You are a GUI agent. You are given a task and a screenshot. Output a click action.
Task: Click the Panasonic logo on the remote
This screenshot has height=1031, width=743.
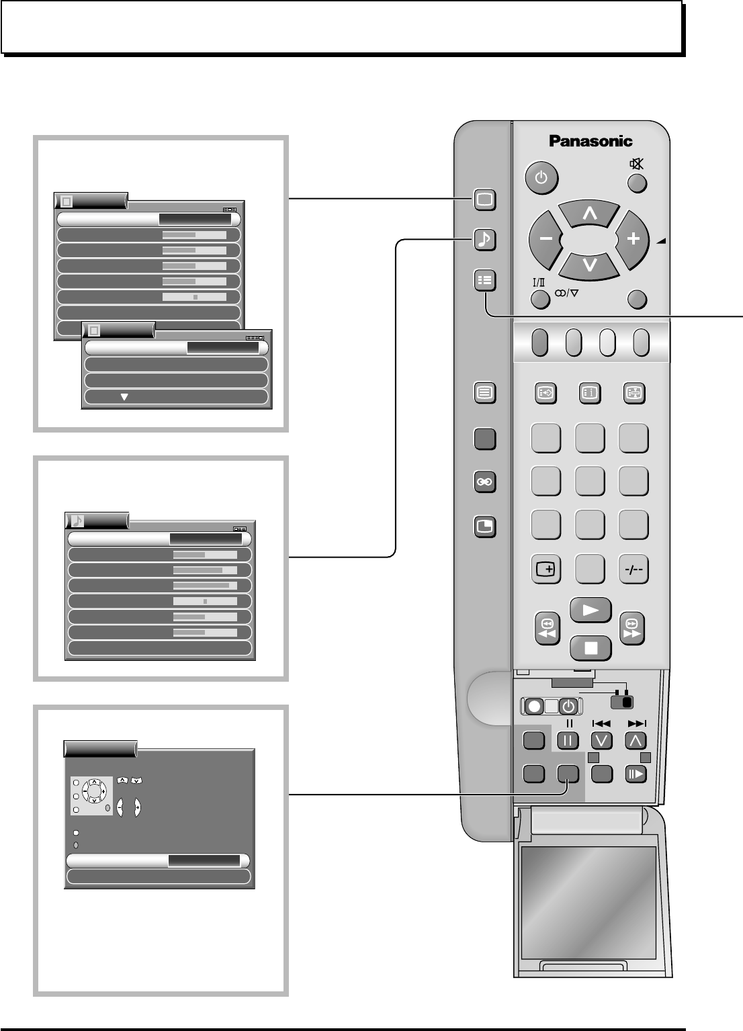591,141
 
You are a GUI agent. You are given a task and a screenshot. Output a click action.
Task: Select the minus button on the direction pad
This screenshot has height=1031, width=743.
543,239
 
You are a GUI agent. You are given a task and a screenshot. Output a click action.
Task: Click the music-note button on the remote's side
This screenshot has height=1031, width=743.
484,240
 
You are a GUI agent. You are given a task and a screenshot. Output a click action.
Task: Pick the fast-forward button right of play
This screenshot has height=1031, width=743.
631,629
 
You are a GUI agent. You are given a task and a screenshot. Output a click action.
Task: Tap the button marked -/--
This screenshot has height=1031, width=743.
633,570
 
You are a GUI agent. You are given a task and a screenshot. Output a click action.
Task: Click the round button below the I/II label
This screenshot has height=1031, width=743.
541,299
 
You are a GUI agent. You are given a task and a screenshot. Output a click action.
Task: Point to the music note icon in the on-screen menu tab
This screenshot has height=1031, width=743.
77,521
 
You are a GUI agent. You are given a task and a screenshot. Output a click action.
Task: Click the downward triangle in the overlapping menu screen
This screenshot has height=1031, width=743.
124,397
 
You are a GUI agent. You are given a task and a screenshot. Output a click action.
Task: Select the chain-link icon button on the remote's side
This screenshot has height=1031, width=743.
484,482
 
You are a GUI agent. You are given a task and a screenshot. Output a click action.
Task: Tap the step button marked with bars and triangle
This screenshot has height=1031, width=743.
635,774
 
